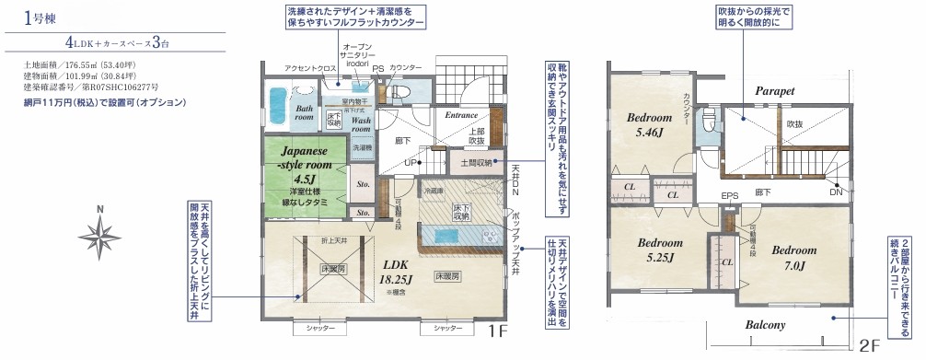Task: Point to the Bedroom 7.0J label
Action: [793, 258]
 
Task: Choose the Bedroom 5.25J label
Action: [661, 250]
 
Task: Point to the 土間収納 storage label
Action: [472, 162]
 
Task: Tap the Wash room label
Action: [361, 125]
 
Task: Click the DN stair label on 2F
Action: [835, 192]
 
